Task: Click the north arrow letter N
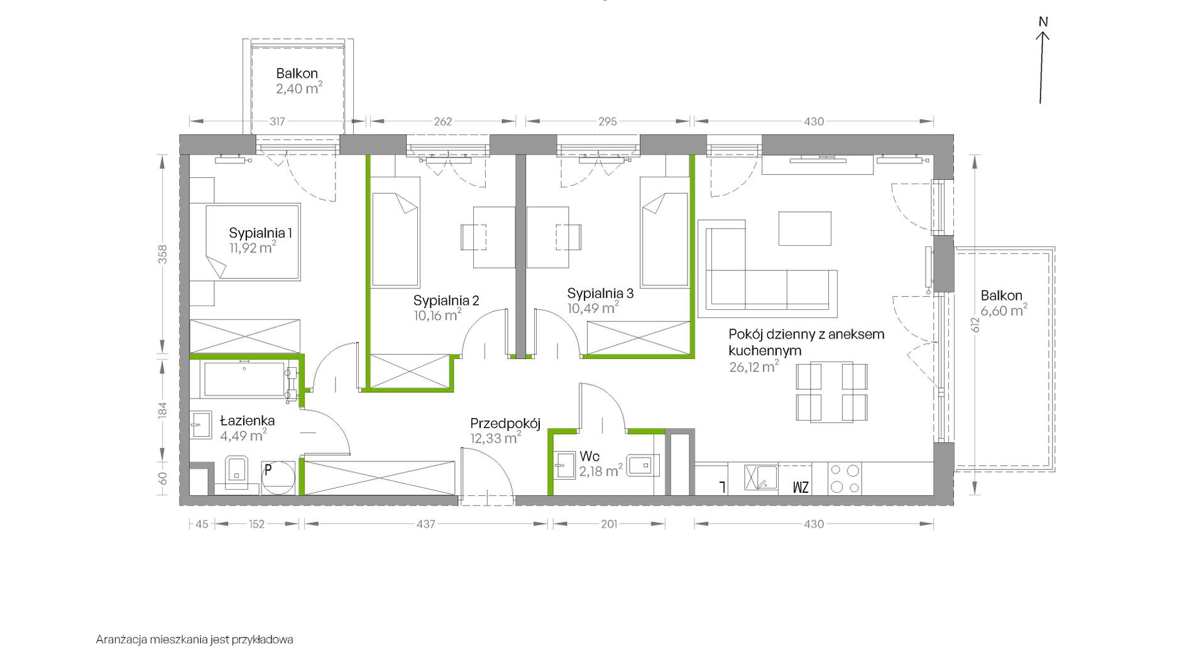point(1043,22)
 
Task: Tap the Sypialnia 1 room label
point(260,233)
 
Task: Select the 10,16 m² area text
point(437,314)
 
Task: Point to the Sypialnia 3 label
point(600,294)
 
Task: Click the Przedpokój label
point(505,424)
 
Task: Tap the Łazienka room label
point(247,421)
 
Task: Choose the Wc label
point(589,456)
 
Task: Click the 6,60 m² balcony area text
point(1004,310)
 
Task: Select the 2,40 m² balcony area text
point(299,88)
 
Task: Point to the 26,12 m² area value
point(754,366)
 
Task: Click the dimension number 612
point(975,325)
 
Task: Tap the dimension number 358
point(163,254)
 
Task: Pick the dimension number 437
point(425,524)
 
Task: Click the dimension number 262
point(442,121)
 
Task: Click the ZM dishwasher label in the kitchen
point(801,487)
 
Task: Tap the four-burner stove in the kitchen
point(845,479)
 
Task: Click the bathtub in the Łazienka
point(244,379)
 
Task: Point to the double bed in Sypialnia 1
point(253,241)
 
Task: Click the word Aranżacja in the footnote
point(122,640)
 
